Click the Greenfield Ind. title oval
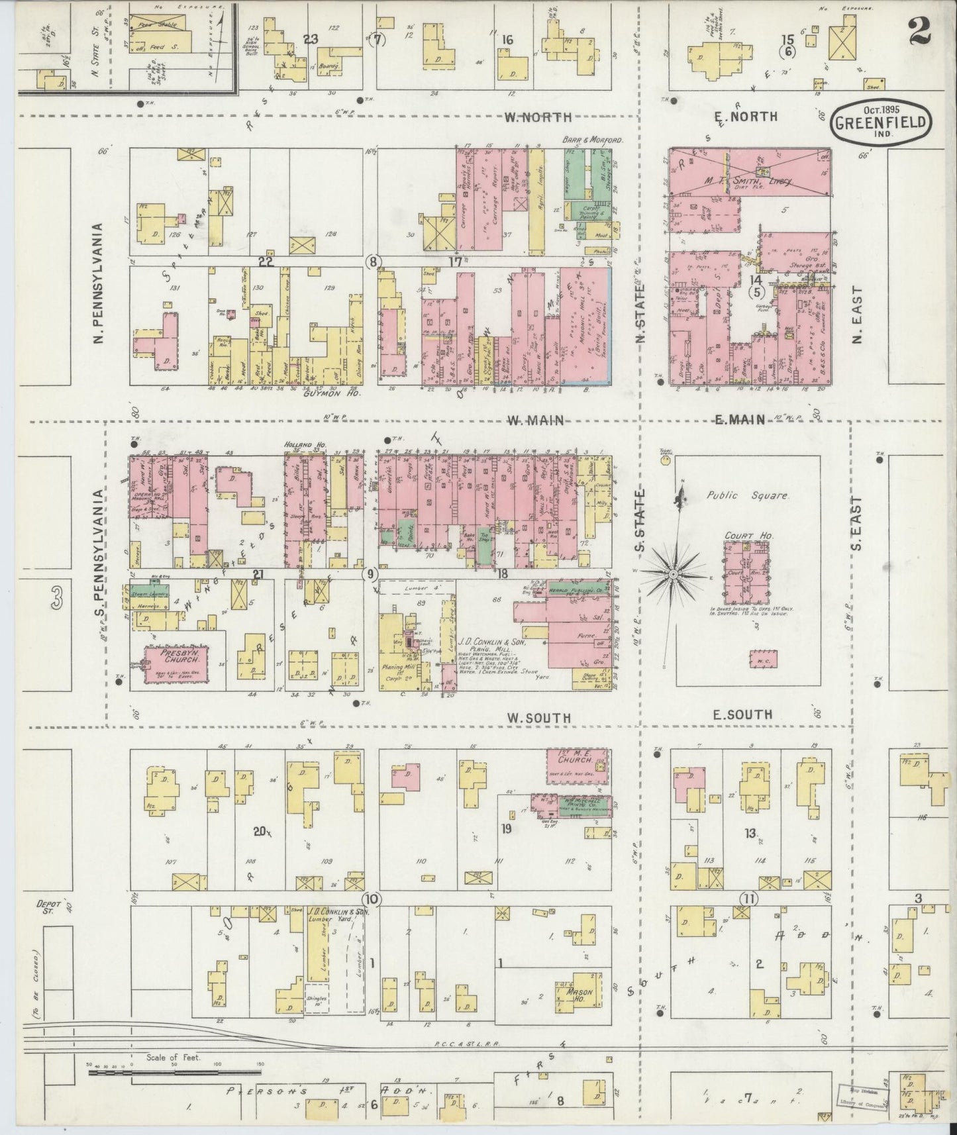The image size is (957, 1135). click(880, 123)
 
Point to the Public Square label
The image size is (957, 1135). click(747, 495)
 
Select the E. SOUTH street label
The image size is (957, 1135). click(742, 715)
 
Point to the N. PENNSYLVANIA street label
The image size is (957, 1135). click(99, 283)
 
